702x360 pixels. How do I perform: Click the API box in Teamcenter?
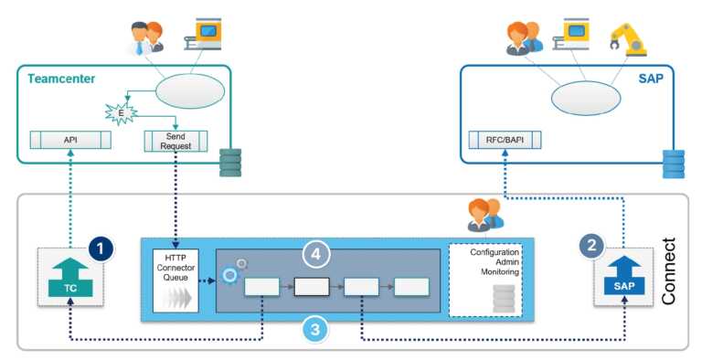pos(70,141)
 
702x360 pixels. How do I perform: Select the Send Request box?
pos(176,141)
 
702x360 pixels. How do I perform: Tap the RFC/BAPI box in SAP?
pos(504,141)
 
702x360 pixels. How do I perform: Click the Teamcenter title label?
pos(56,79)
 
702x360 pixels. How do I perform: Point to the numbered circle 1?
pos(102,247)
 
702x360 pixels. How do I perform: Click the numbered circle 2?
pos(591,246)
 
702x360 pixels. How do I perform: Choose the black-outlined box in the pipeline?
pos(312,288)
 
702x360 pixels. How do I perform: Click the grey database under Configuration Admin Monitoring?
pos(502,298)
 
